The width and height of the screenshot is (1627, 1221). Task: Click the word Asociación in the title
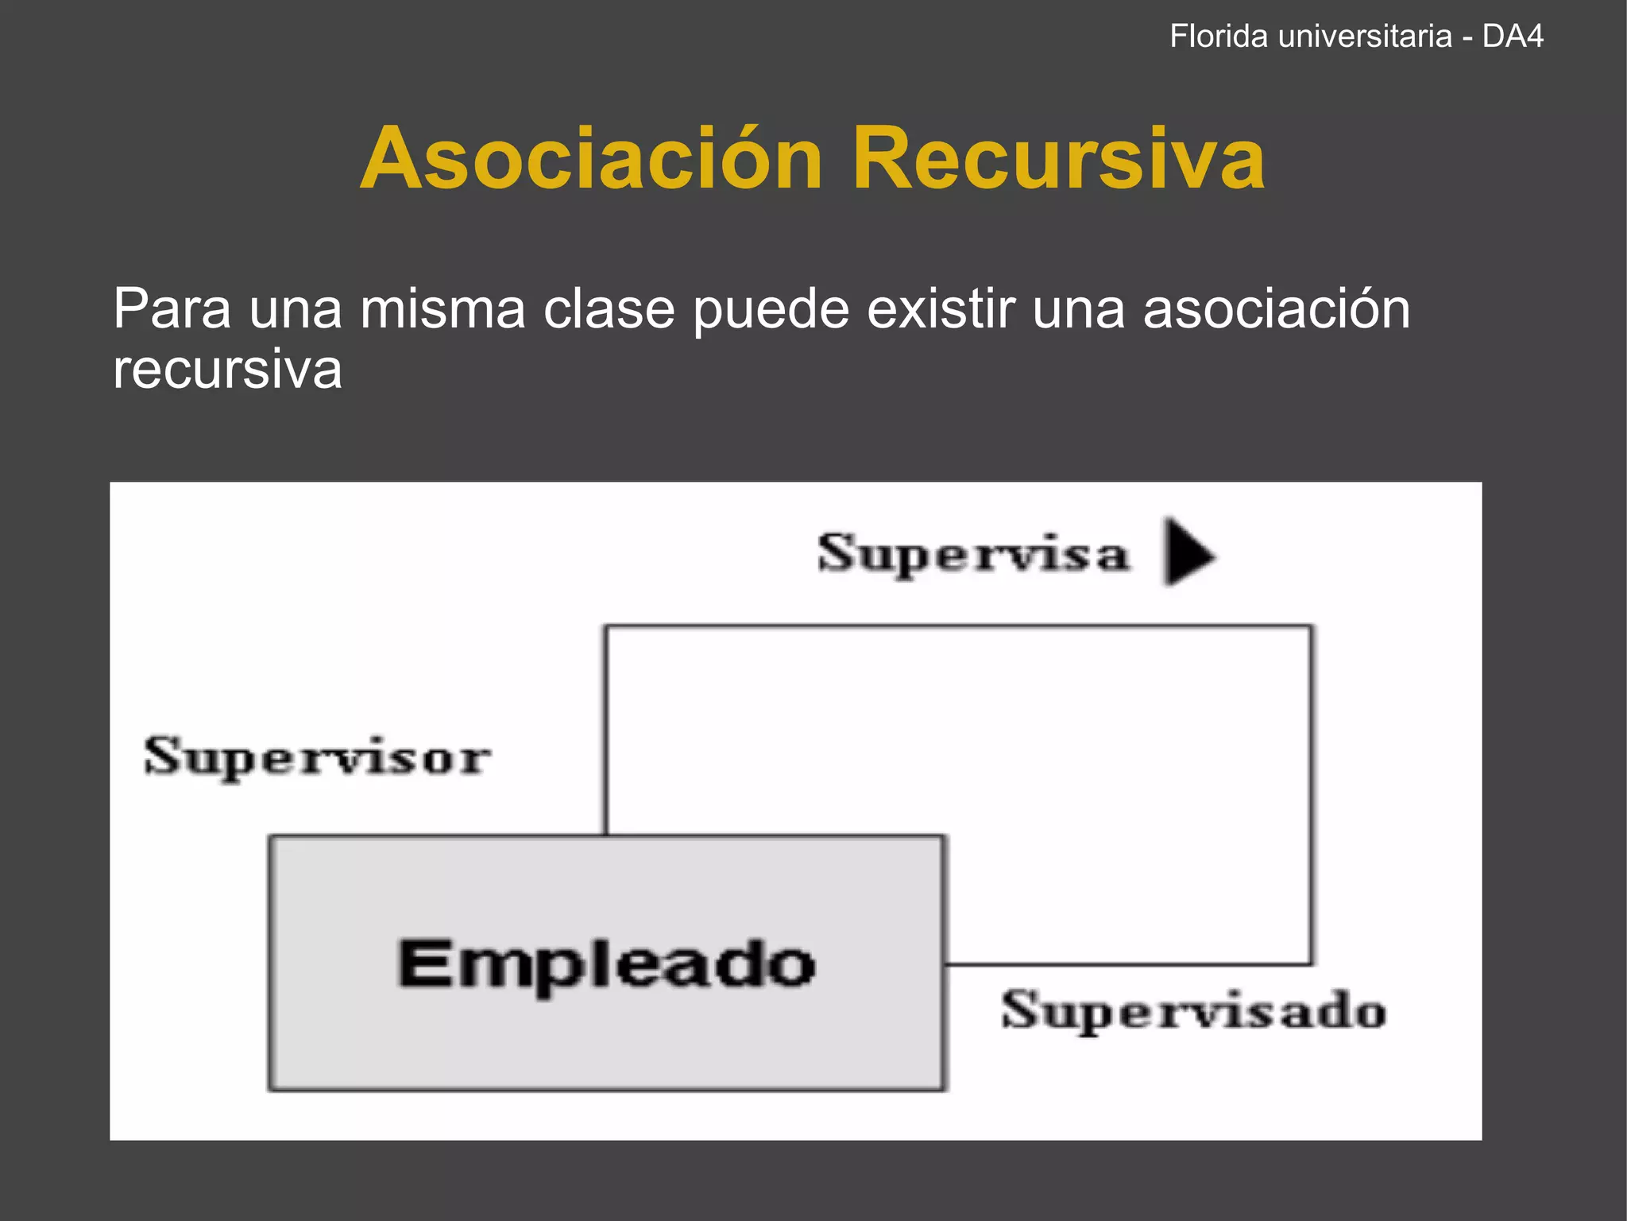click(592, 159)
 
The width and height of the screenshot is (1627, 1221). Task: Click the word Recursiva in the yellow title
click(1058, 159)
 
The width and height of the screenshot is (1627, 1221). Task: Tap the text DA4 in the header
click(1513, 37)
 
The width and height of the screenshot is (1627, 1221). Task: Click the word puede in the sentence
click(771, 310)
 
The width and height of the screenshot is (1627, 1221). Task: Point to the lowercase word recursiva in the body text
click(227, 370)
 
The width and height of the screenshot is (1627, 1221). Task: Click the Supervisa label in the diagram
click(973, 554)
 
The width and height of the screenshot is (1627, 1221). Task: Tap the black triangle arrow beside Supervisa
click(1188, 552)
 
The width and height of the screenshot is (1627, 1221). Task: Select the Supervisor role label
click(317, 758)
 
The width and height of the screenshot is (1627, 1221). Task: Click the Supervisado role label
click(1193, 1011)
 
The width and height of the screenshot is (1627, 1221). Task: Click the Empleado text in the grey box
click(606, 964)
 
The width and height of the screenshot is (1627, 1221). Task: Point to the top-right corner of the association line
click(1310, 627)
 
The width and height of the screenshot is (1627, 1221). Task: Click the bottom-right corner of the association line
click(1310, 963)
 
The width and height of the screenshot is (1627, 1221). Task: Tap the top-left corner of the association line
click(607, 627)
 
